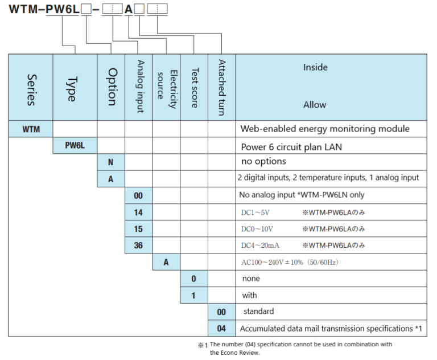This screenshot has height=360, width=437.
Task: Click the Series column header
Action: coord(31,87)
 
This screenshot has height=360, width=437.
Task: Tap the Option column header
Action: coord(112,87)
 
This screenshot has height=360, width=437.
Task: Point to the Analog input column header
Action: coord(139,87)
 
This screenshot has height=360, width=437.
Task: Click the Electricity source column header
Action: coord(166,87)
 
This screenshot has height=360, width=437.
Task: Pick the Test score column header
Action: coord(194,87)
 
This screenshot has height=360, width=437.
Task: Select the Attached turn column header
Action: coord(222,87)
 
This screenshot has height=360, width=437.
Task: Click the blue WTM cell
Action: coord(31,129)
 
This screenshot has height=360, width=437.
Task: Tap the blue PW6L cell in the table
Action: coord(75,146)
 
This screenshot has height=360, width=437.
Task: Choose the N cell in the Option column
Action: coord(112,162)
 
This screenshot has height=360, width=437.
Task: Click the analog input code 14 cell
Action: coord(139,212)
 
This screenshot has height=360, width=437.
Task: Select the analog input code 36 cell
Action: coord(139,246)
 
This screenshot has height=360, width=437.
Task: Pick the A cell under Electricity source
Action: coord(166,263)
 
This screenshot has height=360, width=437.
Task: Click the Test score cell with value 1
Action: coord(194,296)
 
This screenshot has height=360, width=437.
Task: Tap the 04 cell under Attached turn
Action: coord(222,329)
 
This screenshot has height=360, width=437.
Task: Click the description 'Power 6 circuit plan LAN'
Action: coord(292,146)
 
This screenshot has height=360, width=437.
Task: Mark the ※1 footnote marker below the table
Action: coord(203,345)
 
